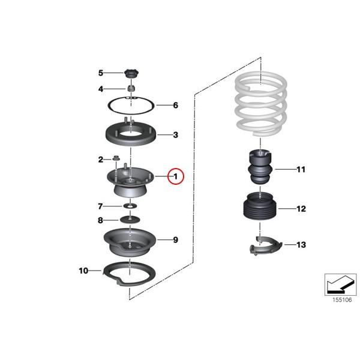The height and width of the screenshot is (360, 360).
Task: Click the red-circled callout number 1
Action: click(176, 176)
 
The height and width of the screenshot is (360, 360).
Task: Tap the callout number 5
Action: click(101, 73)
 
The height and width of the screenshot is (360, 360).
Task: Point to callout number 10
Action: click(83, 271)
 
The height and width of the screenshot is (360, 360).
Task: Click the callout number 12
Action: click(301, 209)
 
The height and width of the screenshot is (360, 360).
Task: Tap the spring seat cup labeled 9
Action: click(130, 242)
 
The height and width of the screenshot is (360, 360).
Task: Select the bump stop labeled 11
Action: click(260, 170)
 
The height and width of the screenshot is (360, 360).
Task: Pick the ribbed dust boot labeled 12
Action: click(259, 211)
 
